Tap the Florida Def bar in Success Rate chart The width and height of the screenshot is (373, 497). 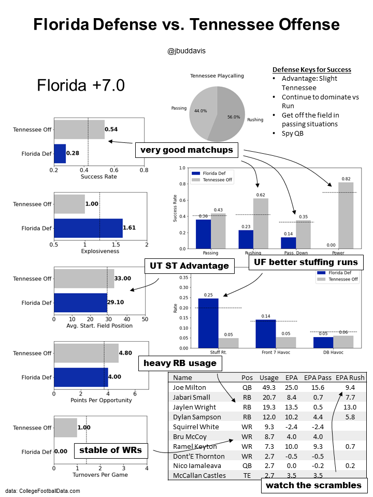pyautogui.click(x=60, y=154)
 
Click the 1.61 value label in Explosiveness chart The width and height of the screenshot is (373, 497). pyautogui.click(x=130, y=227)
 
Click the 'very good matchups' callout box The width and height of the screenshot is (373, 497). pyautogui.click(x=186, y=151)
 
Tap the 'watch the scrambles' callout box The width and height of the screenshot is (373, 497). pyautogui.click(x=313, y=485)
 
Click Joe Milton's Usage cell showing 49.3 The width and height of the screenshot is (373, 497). pyautogui.click(x=269, y=387)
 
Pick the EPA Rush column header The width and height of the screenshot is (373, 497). pyautogui.click(x=350, y=377)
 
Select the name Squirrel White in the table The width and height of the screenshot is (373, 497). pyautogui.click(x=196, y=427)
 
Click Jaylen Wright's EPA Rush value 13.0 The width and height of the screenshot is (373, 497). pyautogui.click(x=351, y=407)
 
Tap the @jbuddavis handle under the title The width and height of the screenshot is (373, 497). pyautogui.click(x=187, y=51)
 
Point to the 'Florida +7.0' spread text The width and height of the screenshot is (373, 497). pyautogui.click(x=81, y=85)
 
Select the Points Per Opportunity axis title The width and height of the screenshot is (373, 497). pyautogui.click(x=101, y=400)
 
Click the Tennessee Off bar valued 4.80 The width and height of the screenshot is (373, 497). pyautogui.click(x=86, y=353)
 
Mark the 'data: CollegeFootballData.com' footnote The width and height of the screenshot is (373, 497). pyautogui.click(x=43, y=490)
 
